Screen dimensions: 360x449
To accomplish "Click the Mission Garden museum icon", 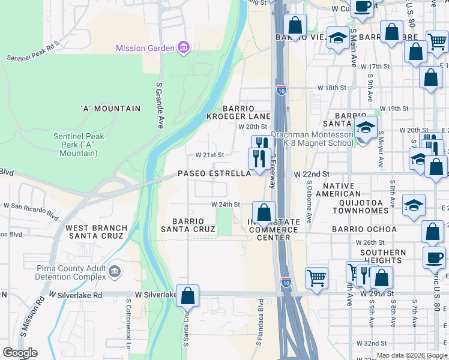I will [184, 48].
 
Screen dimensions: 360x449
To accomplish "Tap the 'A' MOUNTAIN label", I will [110, 109].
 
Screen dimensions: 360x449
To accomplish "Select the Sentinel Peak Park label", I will [79, 145].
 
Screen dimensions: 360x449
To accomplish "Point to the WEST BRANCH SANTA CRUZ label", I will [96, 232].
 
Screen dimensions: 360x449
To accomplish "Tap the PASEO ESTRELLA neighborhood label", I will [214, 173].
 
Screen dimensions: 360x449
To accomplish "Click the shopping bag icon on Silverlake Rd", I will [188, 295].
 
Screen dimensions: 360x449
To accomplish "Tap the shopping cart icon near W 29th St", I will [316, 277].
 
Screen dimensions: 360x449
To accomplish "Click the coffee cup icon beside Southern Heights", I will [434, 257].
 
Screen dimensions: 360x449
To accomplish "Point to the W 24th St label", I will [225, 204].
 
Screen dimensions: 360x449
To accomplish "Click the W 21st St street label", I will [209, 155].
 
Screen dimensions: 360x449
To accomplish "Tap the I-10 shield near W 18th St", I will [282, 91].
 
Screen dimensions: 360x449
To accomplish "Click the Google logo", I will [20, 353].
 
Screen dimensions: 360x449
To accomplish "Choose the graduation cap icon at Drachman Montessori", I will [365, 127].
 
